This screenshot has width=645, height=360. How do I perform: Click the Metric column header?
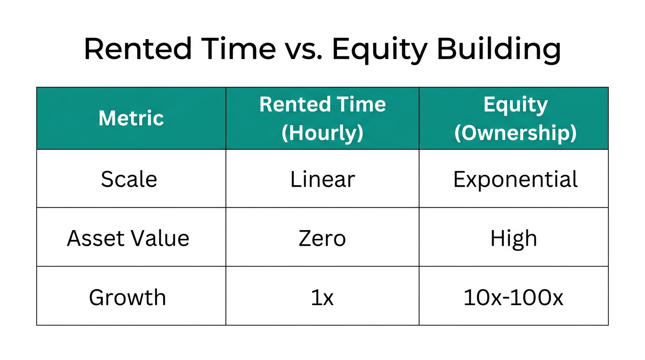pos(131,118)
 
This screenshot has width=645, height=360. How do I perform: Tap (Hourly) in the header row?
pos(322,133)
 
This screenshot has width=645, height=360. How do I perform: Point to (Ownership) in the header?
pos(515,133)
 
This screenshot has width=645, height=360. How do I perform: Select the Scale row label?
pos(129,179)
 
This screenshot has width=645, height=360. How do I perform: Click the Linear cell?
pos(322,179)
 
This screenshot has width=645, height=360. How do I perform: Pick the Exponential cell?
pos(515,179)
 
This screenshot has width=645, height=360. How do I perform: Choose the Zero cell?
pos(322,238)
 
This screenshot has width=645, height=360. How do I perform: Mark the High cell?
pos(514,238)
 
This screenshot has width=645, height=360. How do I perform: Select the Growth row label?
pos(127,297)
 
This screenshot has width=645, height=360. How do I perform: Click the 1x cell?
pos(322,297)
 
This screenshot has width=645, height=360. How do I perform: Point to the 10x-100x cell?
pos(513,297)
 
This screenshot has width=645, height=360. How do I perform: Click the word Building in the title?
pos(499,49)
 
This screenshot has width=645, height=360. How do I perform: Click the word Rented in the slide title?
pos(138,49)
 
